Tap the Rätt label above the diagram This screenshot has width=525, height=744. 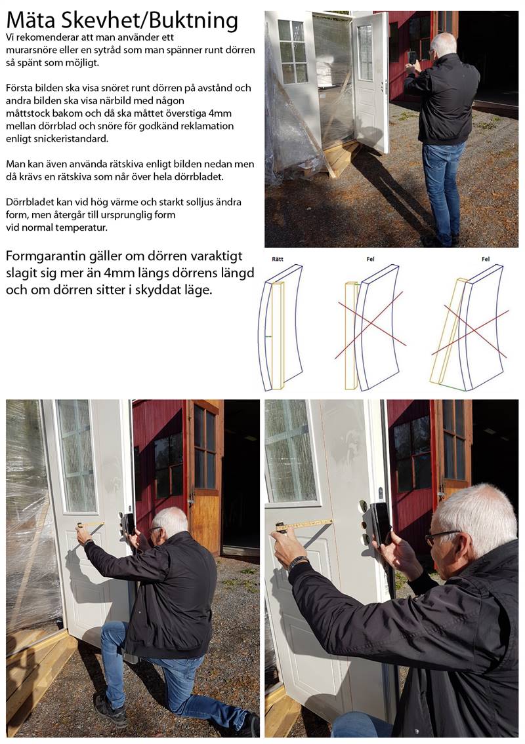pos(278,259)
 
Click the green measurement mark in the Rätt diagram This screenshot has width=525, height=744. pos(268,337)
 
